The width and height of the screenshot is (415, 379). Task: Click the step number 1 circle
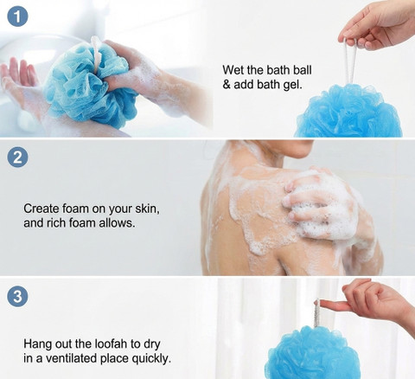pyautogui.click(x=17, y=16)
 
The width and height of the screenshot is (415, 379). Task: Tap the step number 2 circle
pyautogui.click(x=17, y=157)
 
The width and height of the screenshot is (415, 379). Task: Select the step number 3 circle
pyautogui.click(x=17, y=296)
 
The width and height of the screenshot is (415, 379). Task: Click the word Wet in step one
pyautogui.click(x=233, y=70)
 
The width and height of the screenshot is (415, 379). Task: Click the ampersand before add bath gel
pyautogui.click(x=227, y=85)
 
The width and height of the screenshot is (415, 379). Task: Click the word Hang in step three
pyautogui.click(x=37, y=344)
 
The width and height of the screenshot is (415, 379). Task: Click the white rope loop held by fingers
pyautogui.click(x=351, y=61)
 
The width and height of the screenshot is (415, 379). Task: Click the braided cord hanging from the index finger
pyautogui.click(x=316, y=313)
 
